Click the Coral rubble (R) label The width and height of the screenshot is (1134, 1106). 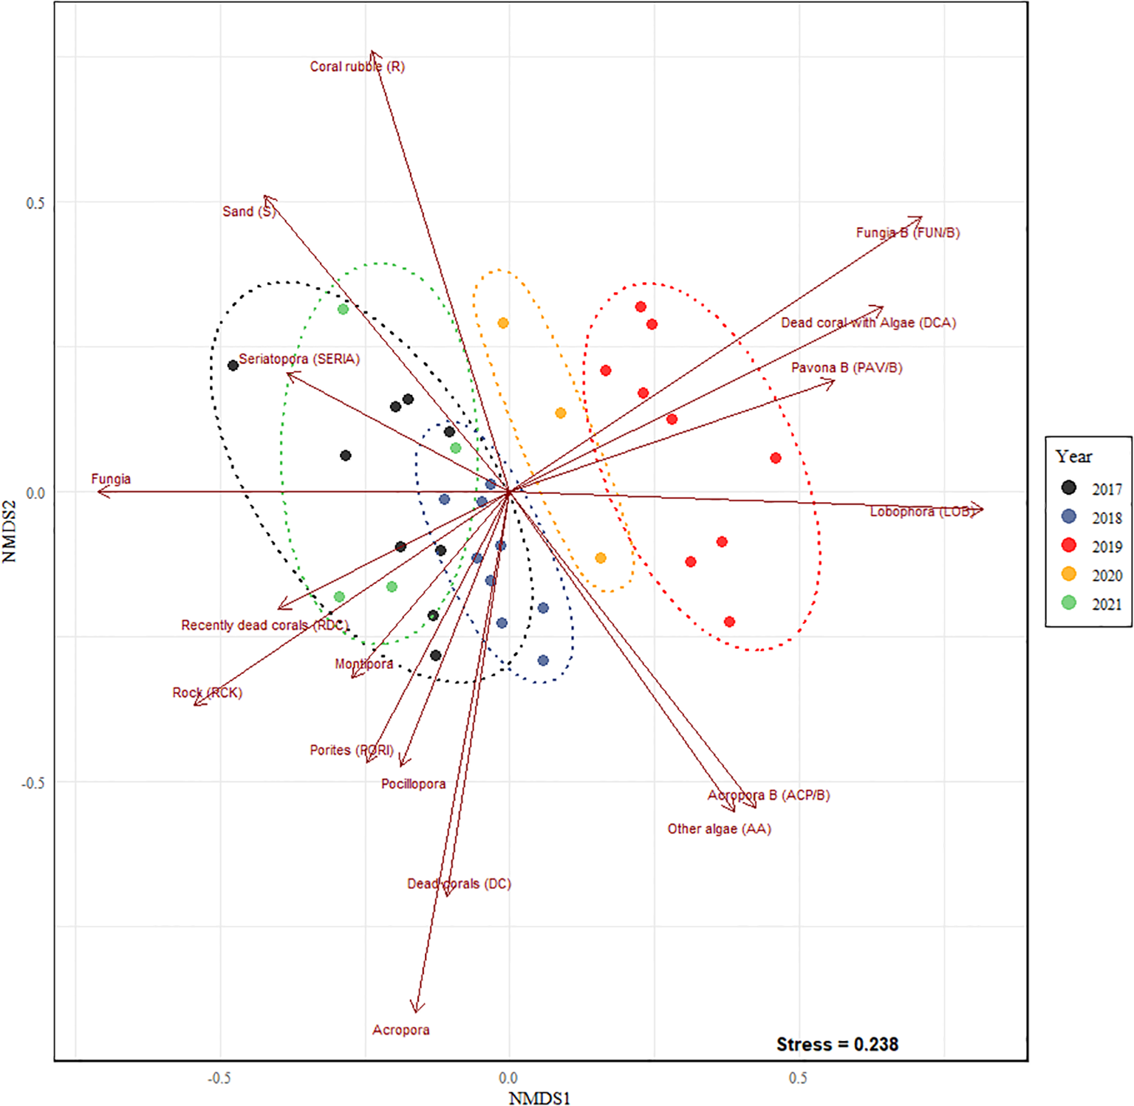357,66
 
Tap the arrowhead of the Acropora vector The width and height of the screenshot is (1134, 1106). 417,1010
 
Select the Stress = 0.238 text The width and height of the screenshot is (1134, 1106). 837,1044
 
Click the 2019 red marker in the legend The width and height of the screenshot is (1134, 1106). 1068,546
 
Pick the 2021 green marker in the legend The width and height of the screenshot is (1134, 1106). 1068,603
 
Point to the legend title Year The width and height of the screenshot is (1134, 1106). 1073,456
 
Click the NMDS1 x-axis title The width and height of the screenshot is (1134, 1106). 539,1098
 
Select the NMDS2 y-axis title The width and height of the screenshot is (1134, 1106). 10,532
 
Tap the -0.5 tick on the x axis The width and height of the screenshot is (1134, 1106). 219,1078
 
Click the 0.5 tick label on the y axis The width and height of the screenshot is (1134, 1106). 35,203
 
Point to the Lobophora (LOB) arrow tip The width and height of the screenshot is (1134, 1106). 982,509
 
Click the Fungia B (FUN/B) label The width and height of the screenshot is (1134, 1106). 907,233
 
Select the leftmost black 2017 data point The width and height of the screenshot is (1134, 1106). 233,365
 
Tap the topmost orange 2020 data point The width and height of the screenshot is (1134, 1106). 503,323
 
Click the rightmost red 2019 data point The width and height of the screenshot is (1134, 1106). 776,458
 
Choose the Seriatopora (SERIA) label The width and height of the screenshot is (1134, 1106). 299,359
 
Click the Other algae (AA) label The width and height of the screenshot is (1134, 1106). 719,828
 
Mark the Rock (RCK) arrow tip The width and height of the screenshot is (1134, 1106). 195,704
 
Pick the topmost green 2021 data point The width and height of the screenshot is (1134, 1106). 343,309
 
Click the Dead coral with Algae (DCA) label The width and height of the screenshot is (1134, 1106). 868,323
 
